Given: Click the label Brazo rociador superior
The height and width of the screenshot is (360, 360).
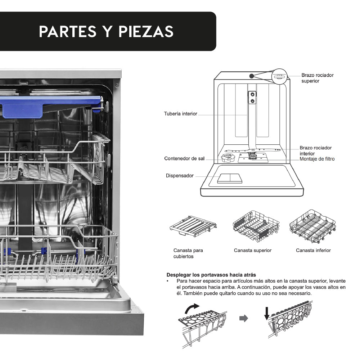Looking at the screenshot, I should (x=317, y=78).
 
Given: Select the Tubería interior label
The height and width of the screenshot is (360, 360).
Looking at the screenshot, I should (x=181, y=114).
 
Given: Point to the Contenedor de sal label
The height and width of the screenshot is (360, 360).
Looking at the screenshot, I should (x=184, y=158).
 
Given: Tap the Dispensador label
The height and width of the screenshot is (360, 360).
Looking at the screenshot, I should (x=180, y=176).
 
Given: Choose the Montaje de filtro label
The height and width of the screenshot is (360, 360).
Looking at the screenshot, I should (x=317, y=159).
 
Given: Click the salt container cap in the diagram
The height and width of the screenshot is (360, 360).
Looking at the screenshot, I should (x=228, y=158).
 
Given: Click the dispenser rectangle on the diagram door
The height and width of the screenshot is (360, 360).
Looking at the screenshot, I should (x=230, y=178).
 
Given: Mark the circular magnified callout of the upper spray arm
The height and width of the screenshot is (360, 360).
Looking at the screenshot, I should (x=279, y=76).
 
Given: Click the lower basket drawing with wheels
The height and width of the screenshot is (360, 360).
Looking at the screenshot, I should (x=312, y=226).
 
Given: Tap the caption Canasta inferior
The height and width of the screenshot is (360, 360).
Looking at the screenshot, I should (x=313, y=250).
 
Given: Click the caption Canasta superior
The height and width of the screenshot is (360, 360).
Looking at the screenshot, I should (x=252, y=250).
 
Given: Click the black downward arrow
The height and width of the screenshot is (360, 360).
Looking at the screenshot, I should (x=266, y=313).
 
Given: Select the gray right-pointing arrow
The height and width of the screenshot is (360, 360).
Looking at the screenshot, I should (x=244, y=318).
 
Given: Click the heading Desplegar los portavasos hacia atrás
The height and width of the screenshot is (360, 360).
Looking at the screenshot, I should (x=211, y=275).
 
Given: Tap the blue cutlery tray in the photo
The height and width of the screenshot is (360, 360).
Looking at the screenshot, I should (x=50, y=105).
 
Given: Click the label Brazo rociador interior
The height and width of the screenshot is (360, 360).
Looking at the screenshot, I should (x=315, y=151).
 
